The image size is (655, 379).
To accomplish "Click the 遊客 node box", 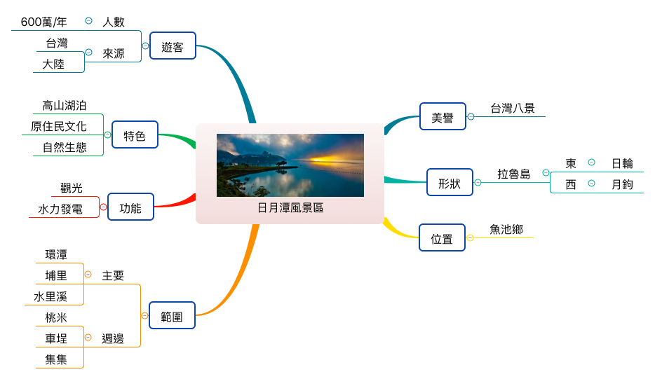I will pos(173,46).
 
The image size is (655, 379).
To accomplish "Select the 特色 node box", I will pos(135,135).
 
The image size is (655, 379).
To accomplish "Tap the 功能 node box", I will pos(130,207).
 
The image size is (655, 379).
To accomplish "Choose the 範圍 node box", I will pos(172,316).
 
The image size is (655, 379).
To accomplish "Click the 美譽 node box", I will pos(443,117).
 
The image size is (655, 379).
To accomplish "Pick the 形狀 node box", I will pos(450,183).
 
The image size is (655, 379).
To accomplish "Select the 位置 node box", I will pos(442,238).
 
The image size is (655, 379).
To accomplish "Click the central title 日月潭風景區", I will pos(290,208).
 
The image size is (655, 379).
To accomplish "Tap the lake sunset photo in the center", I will pos(290,165).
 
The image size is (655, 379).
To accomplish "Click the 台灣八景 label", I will pos(513,108).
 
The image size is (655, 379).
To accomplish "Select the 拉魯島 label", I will pos(514,174).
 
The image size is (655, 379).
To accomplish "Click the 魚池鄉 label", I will pos(506,229).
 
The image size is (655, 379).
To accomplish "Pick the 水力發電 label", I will pos(60,209).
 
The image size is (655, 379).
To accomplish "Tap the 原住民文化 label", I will pos(59,127).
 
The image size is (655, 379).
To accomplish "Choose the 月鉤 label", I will pos(622,184).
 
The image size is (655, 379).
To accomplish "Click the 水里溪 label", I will pos(50,296).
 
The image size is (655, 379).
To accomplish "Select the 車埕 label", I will pos(56,338).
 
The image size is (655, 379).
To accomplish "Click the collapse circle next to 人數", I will pos(88,21).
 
